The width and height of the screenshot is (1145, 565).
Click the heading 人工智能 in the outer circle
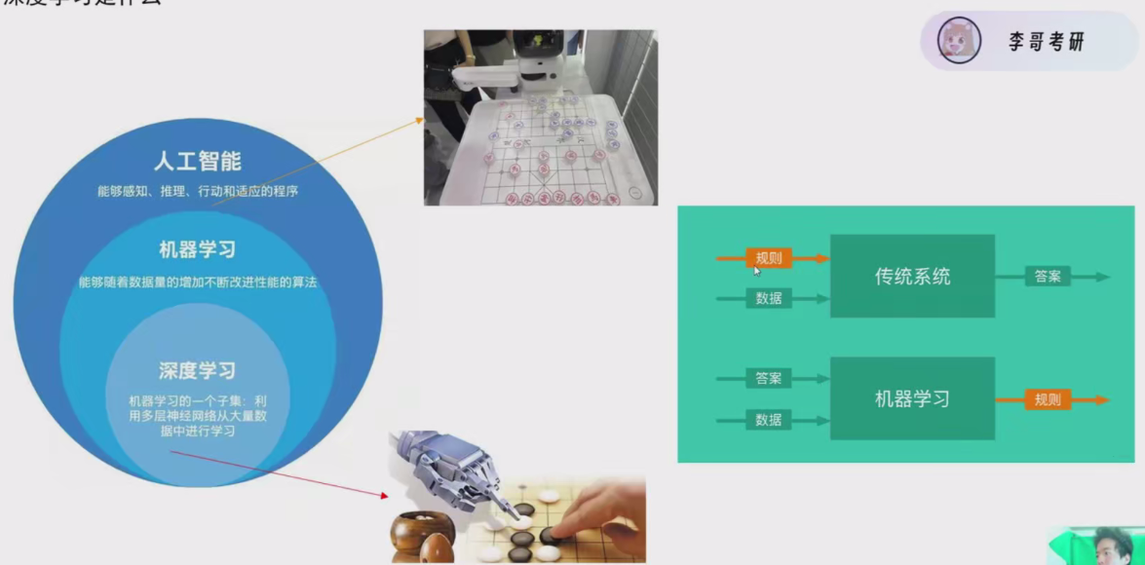pyautogui.click(x=198, y=161)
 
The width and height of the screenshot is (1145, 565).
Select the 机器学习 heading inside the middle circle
pyautogui.click(x=198, y=249)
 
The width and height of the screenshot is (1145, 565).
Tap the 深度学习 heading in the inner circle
pyautogui.click(x=198, y=371)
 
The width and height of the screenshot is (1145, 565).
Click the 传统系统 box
pyautogui.click(x=912, y=276)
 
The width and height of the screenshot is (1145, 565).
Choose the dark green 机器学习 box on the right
pyautogui.click(x=912, y=398)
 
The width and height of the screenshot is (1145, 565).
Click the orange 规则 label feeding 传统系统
pyautogui.click(x=769, y=258)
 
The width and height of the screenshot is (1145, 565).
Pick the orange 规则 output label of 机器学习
pyautogui.click(x=1048, y=399)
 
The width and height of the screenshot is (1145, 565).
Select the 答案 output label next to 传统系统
pyautogui.click(x=1048, y=277)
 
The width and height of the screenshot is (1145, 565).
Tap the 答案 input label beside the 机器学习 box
pyautogui.click(x=769, y=378)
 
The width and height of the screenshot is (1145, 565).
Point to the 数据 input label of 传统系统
pyautogui.click(x=769, y=298)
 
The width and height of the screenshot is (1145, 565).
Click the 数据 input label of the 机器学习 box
pyautogui.click(x=769, y=420)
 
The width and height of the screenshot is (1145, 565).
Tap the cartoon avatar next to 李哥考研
pyautogui.click(x=958, y=41)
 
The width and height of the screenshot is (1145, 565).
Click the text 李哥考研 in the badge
pyautogui.click(x=1046, y=42)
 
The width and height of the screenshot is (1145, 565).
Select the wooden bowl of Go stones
pyautogui.click(x=423, y=535)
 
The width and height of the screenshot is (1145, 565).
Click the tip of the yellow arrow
pyautogui.click(x=423, y=119)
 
